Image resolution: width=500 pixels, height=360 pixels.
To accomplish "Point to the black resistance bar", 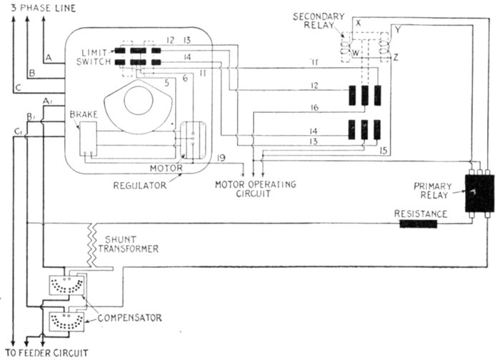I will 418,224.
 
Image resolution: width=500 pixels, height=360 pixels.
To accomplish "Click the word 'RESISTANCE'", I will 422,213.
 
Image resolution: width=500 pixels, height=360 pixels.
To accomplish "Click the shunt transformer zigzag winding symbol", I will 92,240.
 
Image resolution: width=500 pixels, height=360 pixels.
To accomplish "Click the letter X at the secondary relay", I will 359,24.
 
